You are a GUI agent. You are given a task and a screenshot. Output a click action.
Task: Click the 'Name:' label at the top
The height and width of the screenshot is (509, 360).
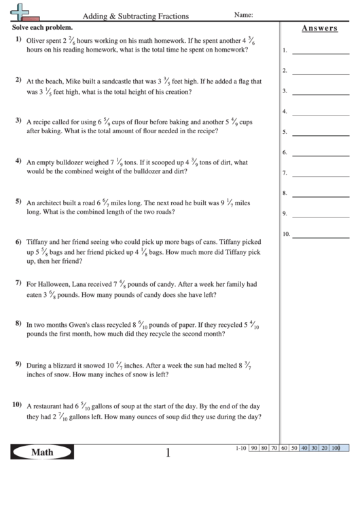[243, 14]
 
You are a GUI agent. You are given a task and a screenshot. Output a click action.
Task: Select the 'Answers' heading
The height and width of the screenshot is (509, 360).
[319, 28]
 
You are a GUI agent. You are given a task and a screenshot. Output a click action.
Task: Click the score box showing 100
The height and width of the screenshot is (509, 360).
[335, 449]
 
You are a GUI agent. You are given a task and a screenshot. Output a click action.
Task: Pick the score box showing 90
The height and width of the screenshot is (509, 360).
[253, 449]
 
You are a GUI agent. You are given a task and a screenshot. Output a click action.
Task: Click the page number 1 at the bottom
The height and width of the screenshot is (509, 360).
[168, 453]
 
